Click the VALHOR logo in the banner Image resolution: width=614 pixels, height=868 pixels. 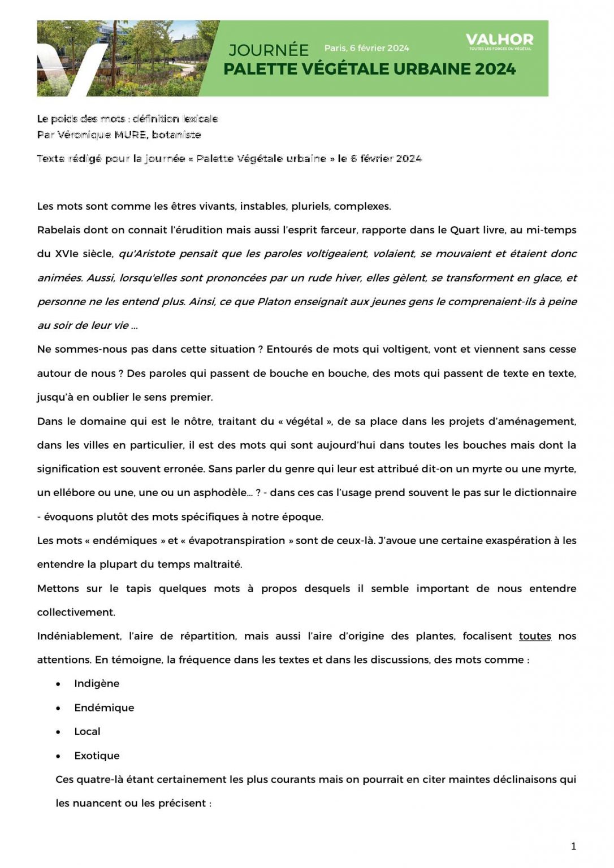(x=499, y=40)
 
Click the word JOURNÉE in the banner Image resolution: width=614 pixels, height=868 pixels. (x=269, y=50)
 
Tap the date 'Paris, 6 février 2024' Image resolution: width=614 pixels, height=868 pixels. (x=366, y=48)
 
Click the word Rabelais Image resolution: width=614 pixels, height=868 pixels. (x=58, y=230)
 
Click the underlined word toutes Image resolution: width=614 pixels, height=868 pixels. (x=535, y=636)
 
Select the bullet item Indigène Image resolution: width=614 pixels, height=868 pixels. (x=97, y=683)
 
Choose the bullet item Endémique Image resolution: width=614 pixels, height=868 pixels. (x=104, y=708)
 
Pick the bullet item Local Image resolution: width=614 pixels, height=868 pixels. (x=87, y=731)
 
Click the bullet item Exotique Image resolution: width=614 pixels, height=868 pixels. (x=97, y=756)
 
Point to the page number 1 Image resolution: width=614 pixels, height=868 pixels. (x=573, y=846)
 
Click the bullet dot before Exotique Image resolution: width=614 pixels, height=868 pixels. (x=58, y=756)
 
